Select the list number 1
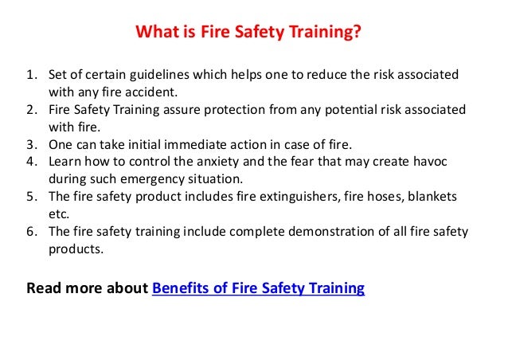[x=31, y=75]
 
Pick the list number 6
[x=31, y=233]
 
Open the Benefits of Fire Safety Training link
[x=258, y=288]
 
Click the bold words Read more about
[x=87, y=288]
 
